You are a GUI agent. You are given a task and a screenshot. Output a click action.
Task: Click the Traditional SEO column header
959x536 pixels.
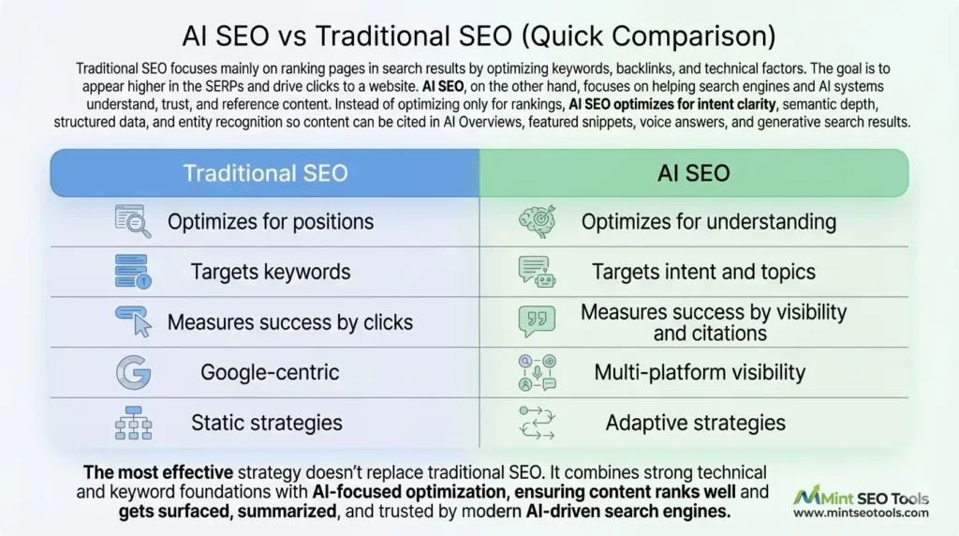tap(265, 173)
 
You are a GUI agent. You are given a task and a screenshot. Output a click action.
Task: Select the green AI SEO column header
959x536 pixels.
tap(694, 173)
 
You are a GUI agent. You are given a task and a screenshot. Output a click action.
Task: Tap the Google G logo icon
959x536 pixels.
tap(133, 372)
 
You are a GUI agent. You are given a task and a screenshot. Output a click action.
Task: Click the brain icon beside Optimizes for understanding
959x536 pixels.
tap(537, 222)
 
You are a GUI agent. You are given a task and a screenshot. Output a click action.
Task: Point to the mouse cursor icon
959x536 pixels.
tap(133, 322)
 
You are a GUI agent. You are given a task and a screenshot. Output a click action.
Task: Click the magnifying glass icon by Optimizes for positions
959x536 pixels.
tap(132, 221)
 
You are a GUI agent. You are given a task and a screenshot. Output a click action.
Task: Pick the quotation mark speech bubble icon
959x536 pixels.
tap(537, 321)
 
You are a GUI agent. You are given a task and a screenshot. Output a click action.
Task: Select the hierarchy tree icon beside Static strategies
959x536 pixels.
tap(133, 423)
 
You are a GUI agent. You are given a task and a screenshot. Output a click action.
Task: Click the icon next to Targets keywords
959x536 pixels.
tap(132, 272)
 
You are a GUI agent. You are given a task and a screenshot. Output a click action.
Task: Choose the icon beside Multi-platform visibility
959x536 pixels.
tap(537, 372)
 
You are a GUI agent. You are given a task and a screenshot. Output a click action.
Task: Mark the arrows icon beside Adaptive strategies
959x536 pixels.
tap(537, 423)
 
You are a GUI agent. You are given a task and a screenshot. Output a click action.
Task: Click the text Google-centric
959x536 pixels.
tap(271, 372)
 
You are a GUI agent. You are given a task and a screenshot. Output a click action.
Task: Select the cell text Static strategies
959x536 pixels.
tap(267, 423)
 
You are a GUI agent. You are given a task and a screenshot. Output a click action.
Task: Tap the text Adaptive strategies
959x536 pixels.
tap(695, 423)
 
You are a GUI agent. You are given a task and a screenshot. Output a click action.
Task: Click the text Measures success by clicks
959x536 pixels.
tap(289, 322)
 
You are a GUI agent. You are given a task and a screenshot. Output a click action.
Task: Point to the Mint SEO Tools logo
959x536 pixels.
tap(860, 497)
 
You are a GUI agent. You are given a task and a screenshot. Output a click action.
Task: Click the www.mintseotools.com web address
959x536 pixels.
tap(861, 513)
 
